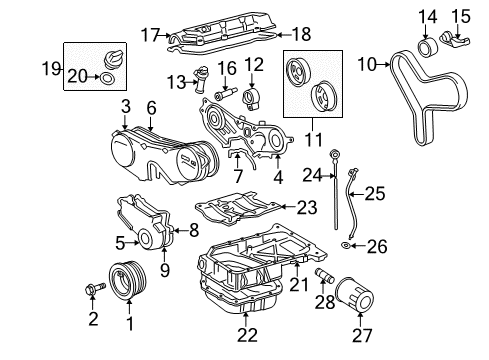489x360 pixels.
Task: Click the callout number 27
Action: click(362, 335)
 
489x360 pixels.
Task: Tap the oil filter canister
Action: click(355, 295)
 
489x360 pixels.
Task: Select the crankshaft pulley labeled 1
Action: click(128, 280)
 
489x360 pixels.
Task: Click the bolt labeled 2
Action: click(95, 289)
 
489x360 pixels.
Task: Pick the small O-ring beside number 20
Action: click(106, 78)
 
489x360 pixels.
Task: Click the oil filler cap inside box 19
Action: click(113, 60)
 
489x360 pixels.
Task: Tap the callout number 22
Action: click(247, 335)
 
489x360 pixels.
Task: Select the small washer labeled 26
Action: click(345, 246)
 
